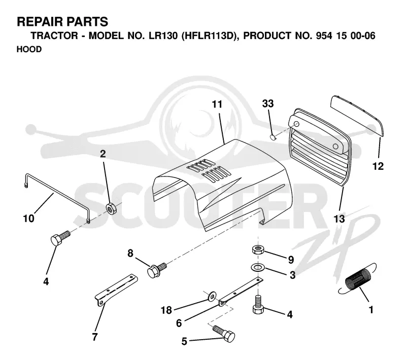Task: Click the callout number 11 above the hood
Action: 217,104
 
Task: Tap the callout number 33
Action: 268,103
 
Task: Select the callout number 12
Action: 378,166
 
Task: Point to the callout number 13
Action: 339,219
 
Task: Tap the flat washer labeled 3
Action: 257,267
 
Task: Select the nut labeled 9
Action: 258,249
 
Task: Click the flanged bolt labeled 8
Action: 156,270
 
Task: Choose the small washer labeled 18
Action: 212,295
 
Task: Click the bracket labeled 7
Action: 116,290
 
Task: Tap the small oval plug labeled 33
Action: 273,136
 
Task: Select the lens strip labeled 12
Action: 357,115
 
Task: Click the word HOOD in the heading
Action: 29,49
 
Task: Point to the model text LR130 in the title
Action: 163,35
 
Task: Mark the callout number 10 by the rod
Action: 28,219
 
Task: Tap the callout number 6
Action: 179,323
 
